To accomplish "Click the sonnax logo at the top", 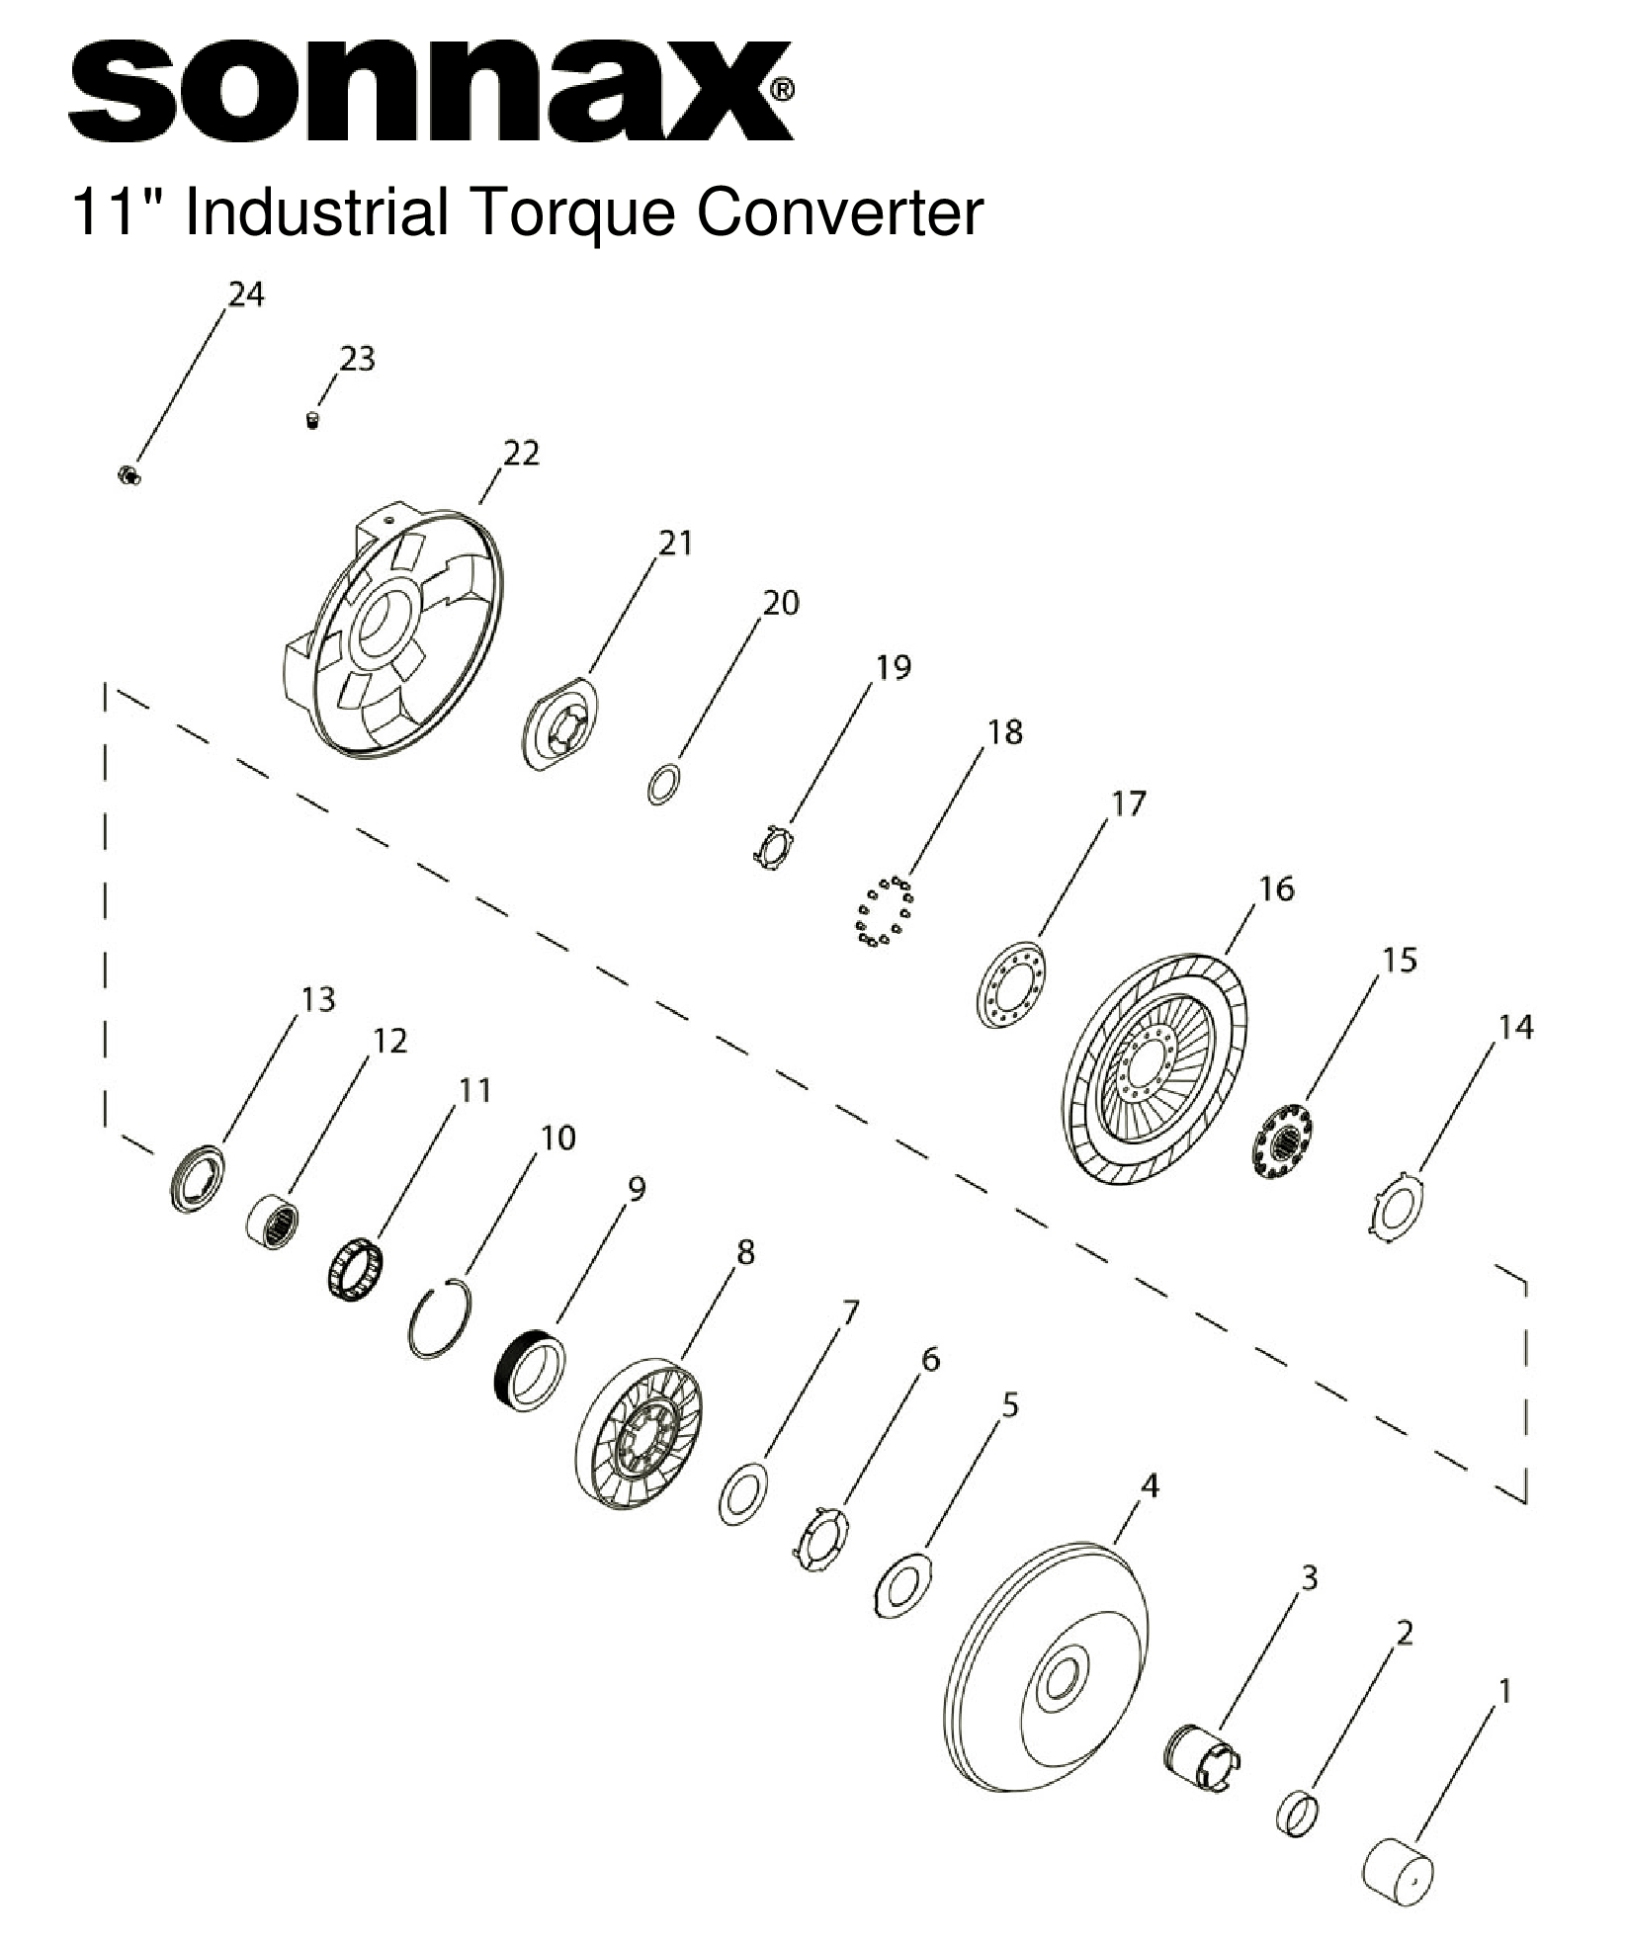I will (x=430, y=92).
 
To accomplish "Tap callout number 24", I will (x=246, y=294).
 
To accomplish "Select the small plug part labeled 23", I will (x=312, y=421).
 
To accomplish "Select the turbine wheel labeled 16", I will (x=1158, y=1069).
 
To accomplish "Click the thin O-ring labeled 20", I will (x=663, y=784).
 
